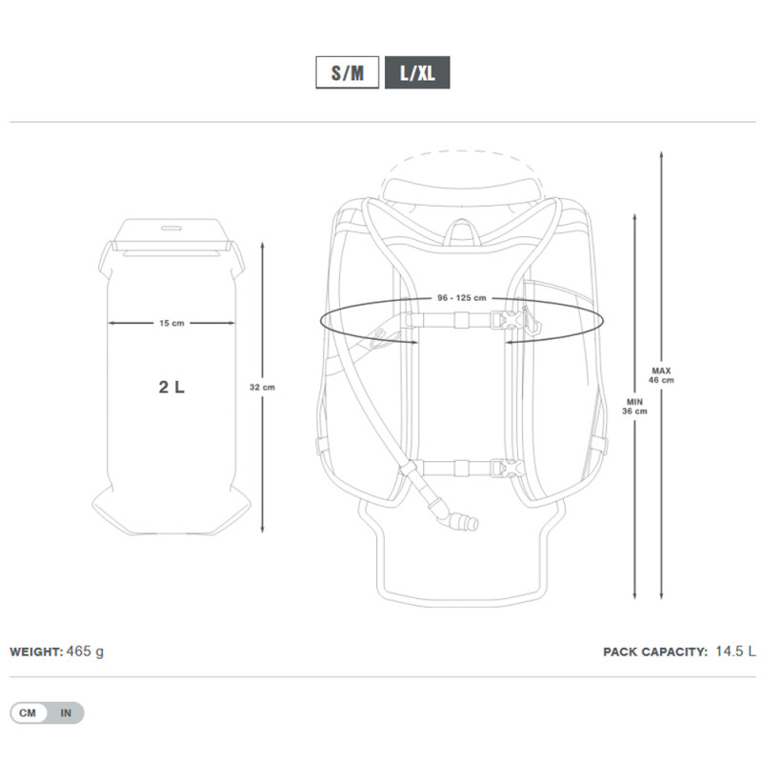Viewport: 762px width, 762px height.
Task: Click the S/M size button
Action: point(347,72)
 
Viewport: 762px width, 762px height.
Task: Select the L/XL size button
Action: point(417,72)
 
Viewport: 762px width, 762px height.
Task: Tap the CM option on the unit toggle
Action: point(28,712)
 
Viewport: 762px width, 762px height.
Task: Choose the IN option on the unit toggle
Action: point(66,712)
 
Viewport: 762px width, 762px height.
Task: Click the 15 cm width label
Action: point(171,323)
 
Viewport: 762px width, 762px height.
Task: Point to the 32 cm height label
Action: point(262,388)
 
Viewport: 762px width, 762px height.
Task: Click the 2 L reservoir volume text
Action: point(171,387)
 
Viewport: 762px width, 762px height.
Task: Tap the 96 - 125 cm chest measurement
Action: point(462,298)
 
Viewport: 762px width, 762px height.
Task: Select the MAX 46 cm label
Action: point(661,375)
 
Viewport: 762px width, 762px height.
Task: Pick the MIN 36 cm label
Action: point(634,407)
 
